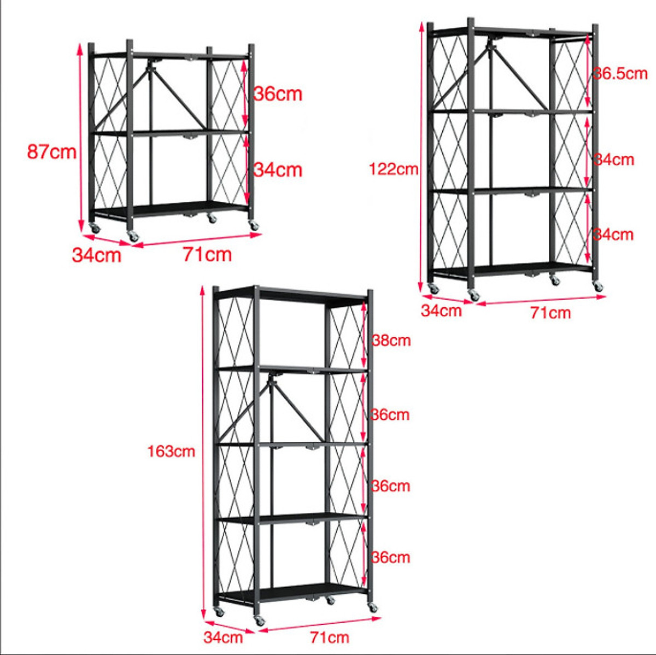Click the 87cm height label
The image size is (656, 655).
(52, 151)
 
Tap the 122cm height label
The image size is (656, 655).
(394, 169)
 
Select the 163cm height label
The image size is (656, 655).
(171, 451)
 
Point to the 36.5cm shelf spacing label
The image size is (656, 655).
(620, 74)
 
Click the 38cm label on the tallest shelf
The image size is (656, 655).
(391, 340)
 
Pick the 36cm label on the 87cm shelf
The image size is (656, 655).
(278, 93)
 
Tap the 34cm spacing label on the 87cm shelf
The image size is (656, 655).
(278, 170)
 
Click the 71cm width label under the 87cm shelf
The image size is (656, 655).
(207, 254)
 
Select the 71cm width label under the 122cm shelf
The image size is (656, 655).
(550, 313)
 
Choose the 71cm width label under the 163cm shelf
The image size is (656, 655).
(330, 637)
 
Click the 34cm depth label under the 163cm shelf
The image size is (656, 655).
(223, 637)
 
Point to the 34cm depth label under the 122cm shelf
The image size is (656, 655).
(441, 311)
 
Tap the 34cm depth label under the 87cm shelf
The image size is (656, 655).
(97, 255)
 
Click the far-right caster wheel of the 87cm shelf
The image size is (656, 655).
(254, 225)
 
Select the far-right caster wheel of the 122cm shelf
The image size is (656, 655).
(598, 286)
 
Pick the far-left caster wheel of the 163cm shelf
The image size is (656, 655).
(219, 611)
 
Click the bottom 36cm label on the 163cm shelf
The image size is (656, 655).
(390, 558)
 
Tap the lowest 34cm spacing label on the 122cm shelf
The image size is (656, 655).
(613, 235)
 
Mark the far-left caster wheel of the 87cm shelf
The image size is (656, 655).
(95, 228)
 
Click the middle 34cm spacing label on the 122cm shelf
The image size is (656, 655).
(614, 160)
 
